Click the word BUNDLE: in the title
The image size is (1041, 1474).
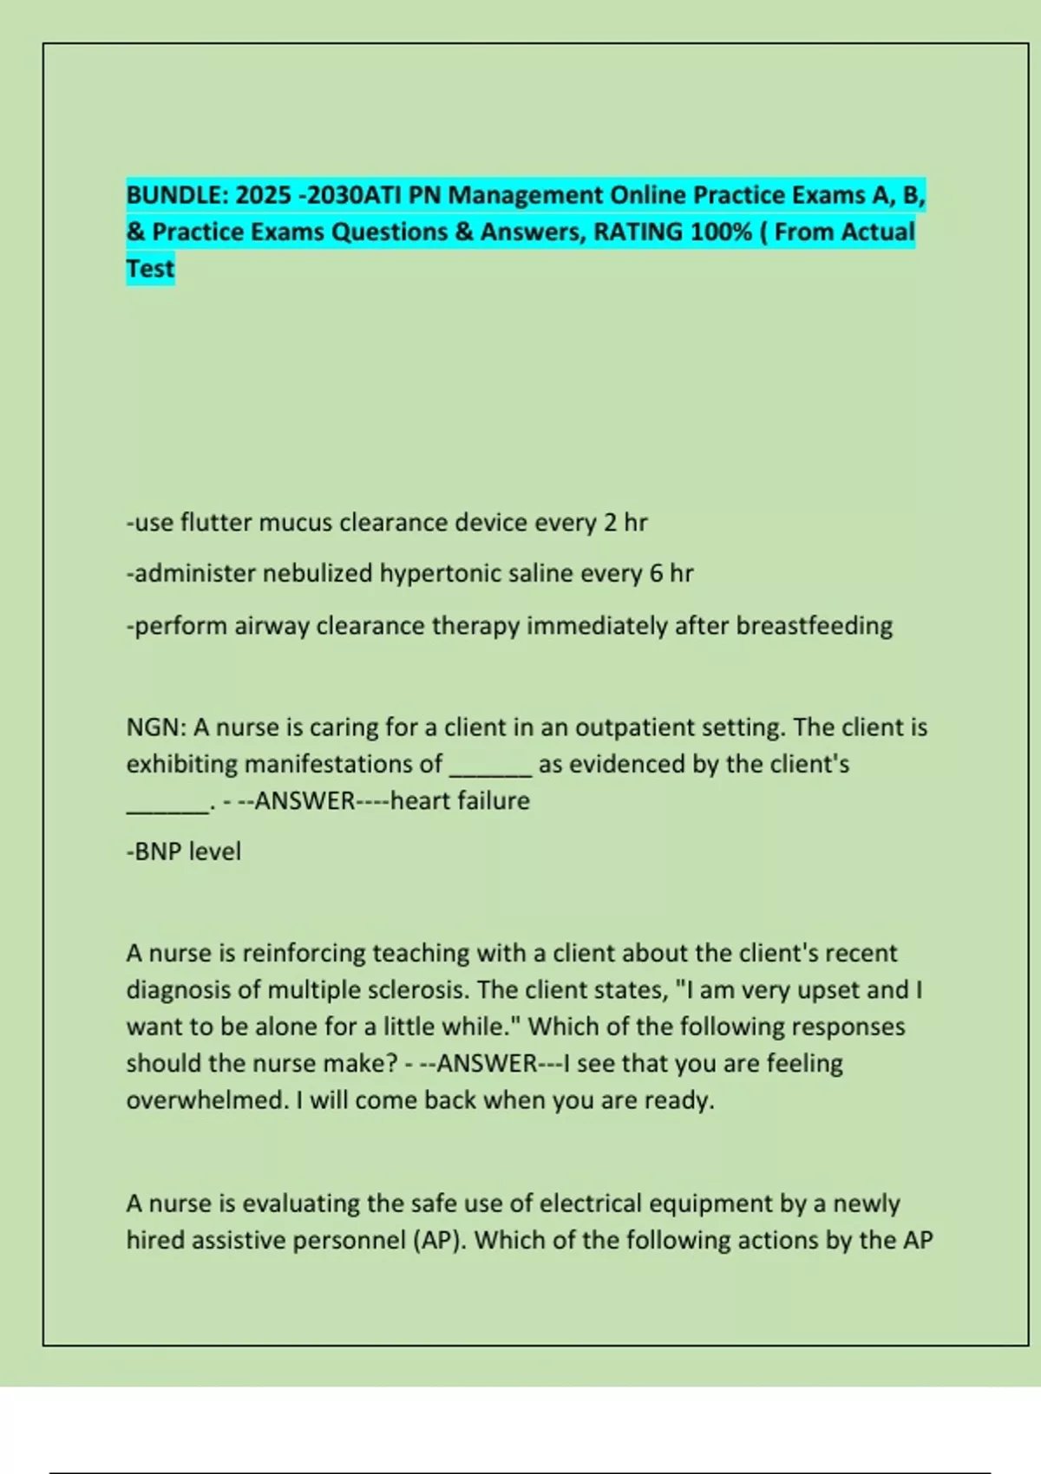click(177, 195)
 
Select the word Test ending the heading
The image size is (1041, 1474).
click(150, 269)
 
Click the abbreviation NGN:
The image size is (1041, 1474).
click(155, 727)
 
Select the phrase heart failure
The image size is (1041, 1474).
click(460, 800)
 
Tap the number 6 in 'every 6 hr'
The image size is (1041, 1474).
click(656, 574)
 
